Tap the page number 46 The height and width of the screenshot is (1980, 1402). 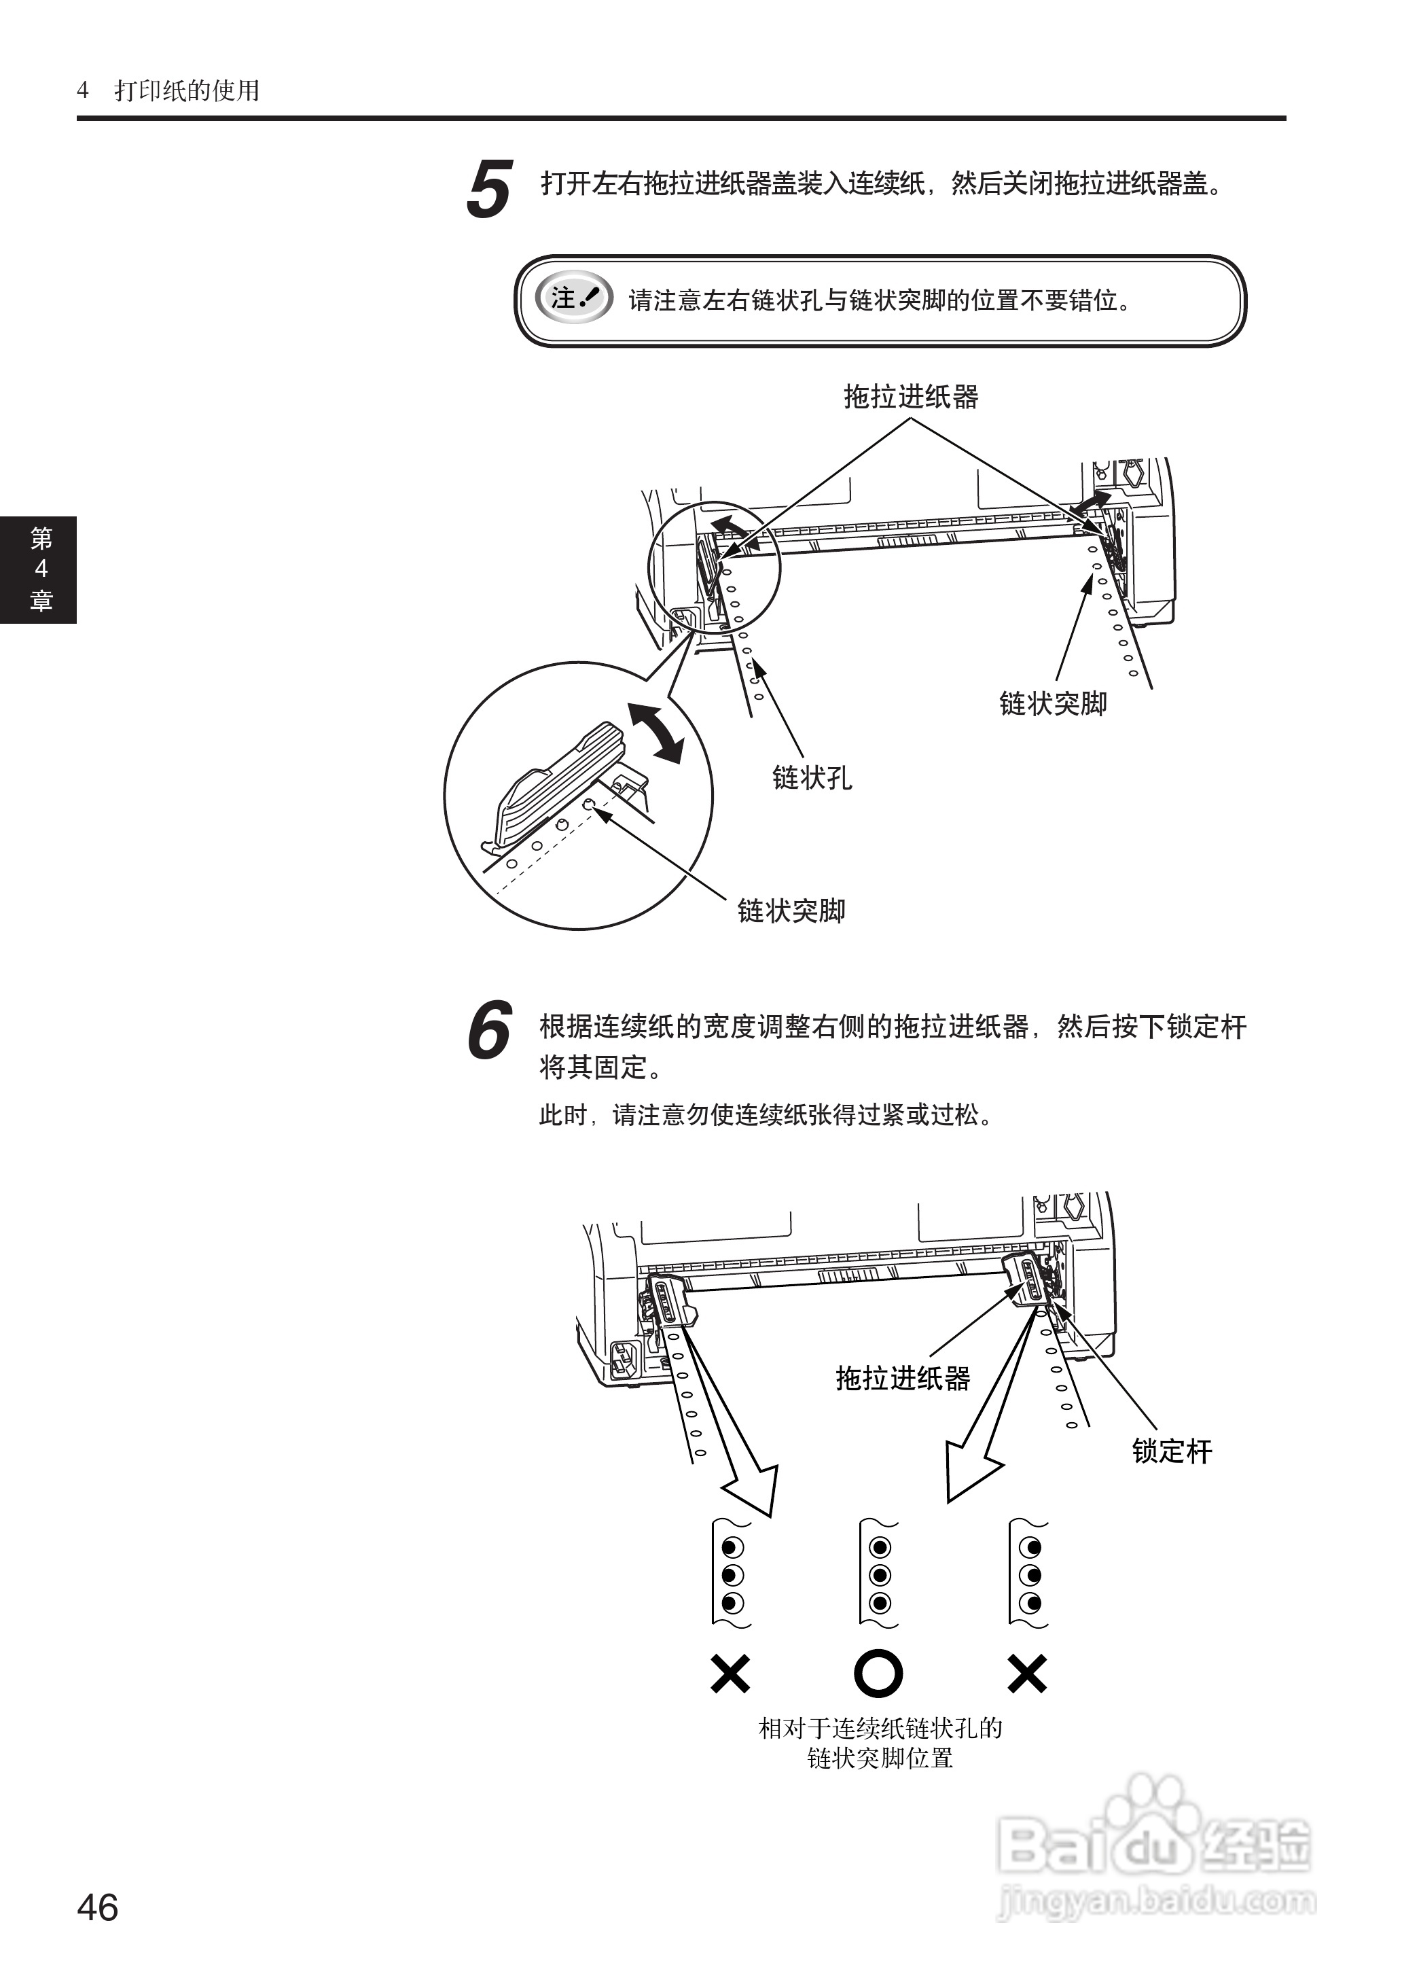point(98,1907)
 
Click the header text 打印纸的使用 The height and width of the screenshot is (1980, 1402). point(187,90)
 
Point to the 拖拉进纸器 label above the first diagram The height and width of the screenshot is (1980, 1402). point(910,397)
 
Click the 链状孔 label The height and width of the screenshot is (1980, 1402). point(812,777)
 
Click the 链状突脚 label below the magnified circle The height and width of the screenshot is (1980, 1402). point(791,910)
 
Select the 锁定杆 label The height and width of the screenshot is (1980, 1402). point(1172,1450)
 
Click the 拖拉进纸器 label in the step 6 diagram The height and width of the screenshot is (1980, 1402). point(902,1377)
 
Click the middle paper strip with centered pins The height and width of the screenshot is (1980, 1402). point(879,1575)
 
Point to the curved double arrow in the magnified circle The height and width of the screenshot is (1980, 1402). point(654,732)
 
